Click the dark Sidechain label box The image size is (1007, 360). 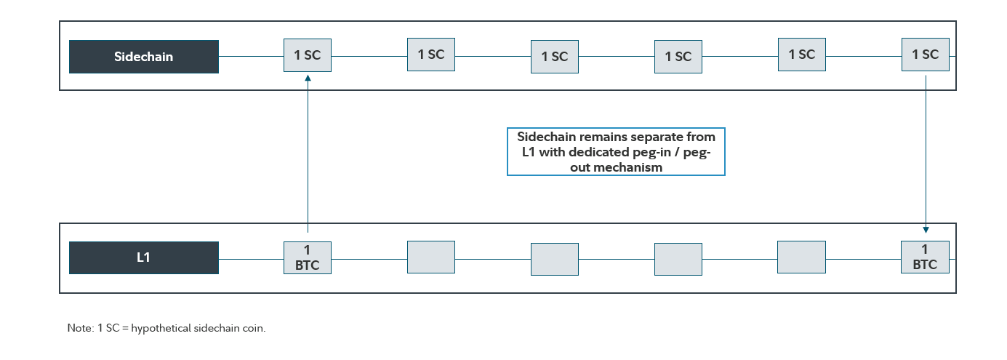pos(144,57)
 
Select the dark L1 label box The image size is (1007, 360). pos(144,257)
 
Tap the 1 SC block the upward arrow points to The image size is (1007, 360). pos(308,55)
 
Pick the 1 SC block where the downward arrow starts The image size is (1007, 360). pos(925,55)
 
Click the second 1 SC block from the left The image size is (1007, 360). pos(431,55)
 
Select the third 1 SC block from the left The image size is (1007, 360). pos(555,57)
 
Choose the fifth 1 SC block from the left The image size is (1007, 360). pos(802,55)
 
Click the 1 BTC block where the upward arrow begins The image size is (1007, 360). pos(308,257)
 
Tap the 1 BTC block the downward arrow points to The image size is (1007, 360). pos(925,257)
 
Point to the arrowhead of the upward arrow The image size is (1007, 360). pos(308,77)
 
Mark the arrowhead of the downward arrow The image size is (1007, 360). pos(925,229)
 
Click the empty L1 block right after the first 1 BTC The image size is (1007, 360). pos(431,257)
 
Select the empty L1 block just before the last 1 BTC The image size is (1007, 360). pos(802,257)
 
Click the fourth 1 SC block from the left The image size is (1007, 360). pos(678,57)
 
